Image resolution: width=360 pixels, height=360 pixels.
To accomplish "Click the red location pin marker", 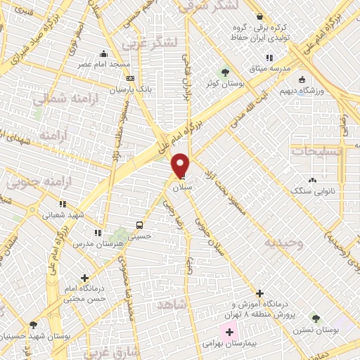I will pyautogui.click(x=181, y=166).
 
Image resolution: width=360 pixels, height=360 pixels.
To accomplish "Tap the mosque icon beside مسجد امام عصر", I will pyautogui.click(x=104, y=54).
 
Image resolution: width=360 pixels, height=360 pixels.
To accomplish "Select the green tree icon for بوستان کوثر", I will pyautogui.click(x=224, y=72).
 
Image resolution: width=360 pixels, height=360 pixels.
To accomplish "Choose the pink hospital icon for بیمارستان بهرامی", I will pyautogui.click(x=229, y=331).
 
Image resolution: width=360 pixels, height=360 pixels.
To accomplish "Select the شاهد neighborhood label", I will pyautogui.click(x=173, y=304).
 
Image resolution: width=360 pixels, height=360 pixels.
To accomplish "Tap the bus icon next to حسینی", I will pyautogui.click(x=140, y=226).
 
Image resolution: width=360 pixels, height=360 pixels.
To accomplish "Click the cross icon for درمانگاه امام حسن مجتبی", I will pyautogui.click(x=85, y=278).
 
